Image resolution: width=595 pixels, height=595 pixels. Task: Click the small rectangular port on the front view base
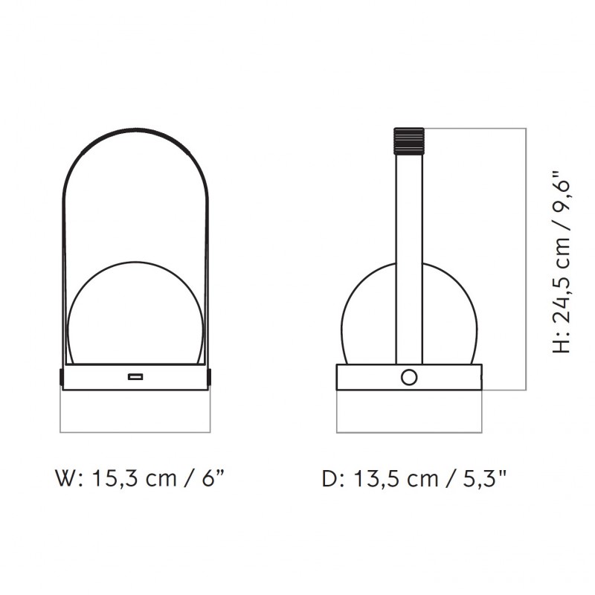(x=135, y=377)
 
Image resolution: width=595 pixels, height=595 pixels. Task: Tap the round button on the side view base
(x=408, y=377)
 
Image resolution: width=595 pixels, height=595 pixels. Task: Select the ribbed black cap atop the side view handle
(x=408, y=141)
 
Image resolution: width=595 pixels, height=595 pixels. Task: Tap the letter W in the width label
(x=66, y=477)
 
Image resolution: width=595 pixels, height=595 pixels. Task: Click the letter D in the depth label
(x=329, y=477)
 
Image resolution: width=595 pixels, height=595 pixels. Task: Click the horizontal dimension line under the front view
(x=135, y=431)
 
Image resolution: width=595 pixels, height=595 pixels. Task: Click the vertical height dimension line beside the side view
(x=526, y=260)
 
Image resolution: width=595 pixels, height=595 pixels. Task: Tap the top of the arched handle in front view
(x=135, y=129)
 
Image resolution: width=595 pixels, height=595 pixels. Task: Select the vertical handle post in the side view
(x=408, y=253)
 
